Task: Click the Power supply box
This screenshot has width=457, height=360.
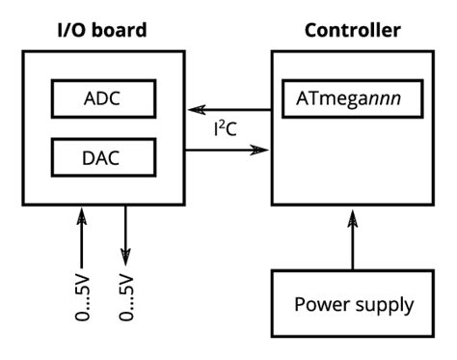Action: coord(352,305)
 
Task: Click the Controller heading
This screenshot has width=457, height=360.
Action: coord(352,29)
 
